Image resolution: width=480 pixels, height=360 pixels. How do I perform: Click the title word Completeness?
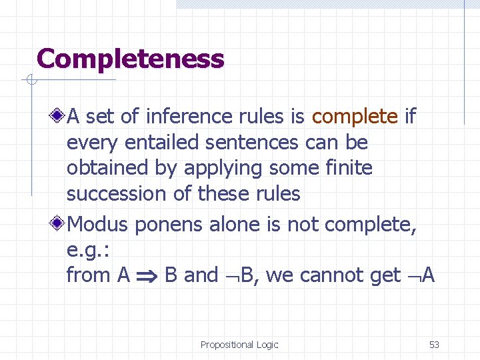click(x=130, y=59)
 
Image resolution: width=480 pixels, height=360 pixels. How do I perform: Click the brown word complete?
click(x=355, y=117)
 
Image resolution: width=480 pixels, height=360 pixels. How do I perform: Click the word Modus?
click(x=98, y=225)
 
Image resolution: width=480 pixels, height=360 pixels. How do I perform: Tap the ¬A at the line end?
click(x=420, y=275)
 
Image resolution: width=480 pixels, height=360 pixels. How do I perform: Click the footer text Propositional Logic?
click(x=239, y=345)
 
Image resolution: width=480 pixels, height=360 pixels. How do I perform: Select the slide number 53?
click(x=434, y=345)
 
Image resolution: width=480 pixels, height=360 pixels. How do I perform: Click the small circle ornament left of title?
click(x=31, y=81)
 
